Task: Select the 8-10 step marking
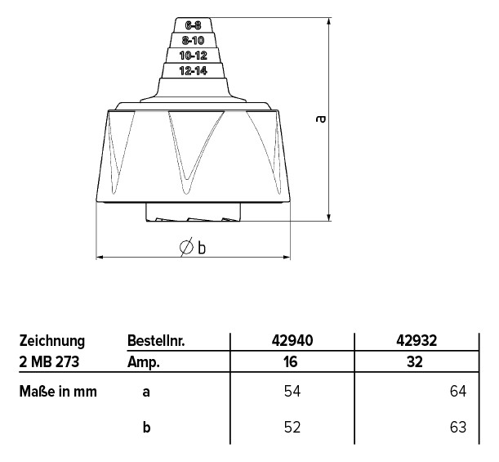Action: click(193, 39)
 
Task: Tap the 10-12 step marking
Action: click(193, 55)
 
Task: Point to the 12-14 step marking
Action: click(193, 71)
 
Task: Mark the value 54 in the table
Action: click(292, 392)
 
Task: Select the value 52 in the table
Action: click(292, 426)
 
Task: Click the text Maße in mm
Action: click(58, 392)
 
